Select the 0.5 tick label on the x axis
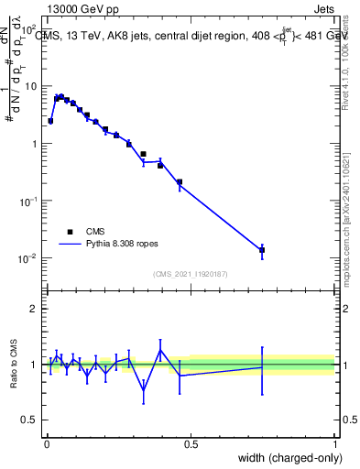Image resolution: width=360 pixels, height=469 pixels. click(x=191, y=444)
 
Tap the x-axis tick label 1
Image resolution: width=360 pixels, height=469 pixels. click(x=334, y=444)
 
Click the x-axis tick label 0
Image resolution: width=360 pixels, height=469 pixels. click(x=46, y=444)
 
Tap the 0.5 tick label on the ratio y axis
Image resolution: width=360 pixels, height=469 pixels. click(x=32, y=420)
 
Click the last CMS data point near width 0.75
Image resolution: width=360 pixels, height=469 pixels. click(x=262, y=250)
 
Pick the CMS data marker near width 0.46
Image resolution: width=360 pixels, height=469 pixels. click(x=179, y=181)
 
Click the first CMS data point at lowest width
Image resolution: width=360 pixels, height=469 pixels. click(x=50, y=121)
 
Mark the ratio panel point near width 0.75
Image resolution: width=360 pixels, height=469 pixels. click(x=262, y=367)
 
